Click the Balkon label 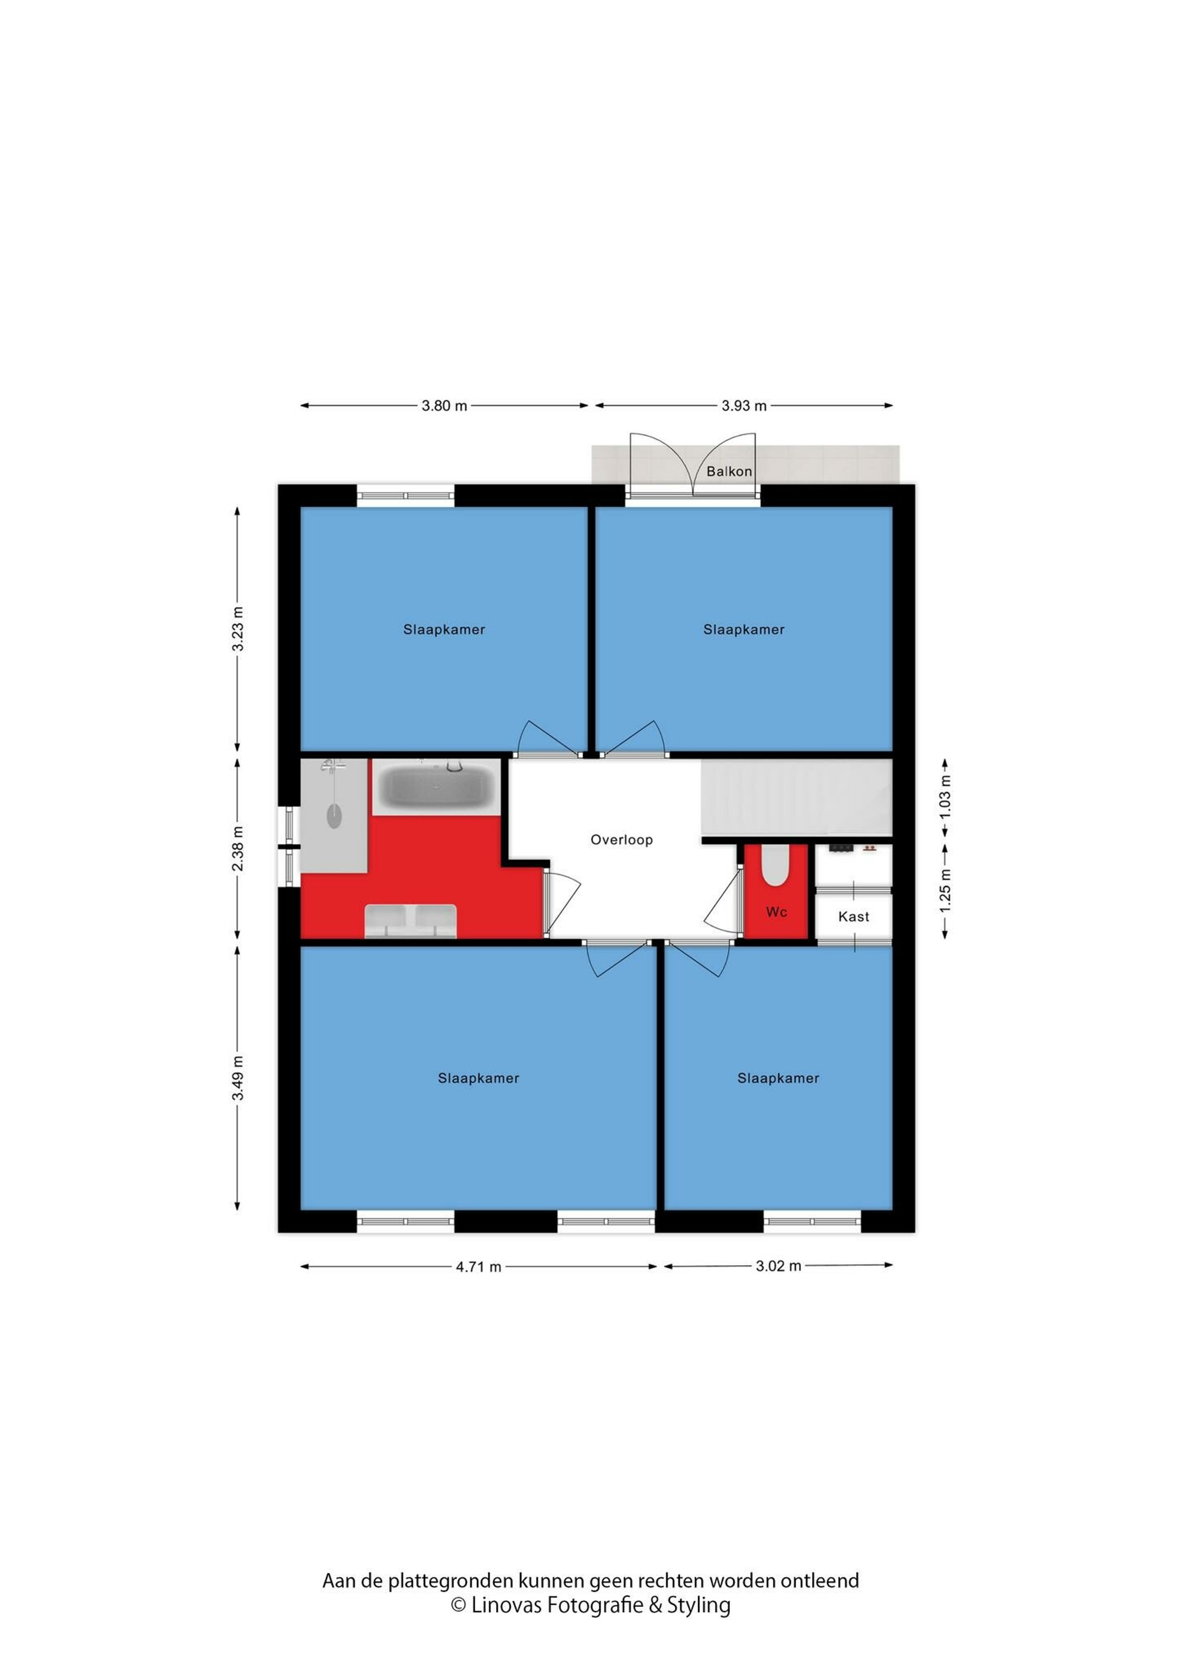(x=729, y=471)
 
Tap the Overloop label (x=621, y=840)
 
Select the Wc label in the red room (x=777, y=912)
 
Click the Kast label (x=853, y=917)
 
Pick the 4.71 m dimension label (x=479, y=1267)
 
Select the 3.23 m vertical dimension (x=238, y=629)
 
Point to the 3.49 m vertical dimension (x=238, y=1079)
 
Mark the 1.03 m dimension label (x=946, y=796)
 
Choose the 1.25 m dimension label (x=946, y=890)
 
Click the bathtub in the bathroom (x=436, y=787)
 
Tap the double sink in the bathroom (x=411, y=921)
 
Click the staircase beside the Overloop (x=797, y=798)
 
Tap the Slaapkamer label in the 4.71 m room (x=479, y=1079)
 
